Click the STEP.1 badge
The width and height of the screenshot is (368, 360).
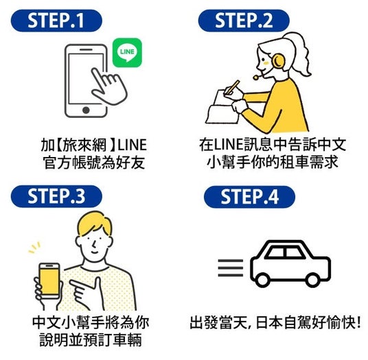(56, 21)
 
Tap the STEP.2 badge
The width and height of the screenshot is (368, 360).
(244, 21)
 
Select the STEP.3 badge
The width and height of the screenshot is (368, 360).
(56, 196)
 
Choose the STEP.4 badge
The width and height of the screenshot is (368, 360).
(249, 197)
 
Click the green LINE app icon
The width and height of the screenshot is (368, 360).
(127, 53)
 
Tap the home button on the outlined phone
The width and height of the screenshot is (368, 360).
(86, 110)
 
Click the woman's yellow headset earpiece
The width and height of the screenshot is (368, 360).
(278, 62)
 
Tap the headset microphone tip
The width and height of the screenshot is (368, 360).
(255, 77)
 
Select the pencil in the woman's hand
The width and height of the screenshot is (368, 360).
(233, 87)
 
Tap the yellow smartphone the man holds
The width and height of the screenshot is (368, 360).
(49, 281)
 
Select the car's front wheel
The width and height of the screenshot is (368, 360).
(312, 280)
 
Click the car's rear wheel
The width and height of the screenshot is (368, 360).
(262, 280)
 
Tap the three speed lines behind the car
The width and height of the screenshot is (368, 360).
(231, 268)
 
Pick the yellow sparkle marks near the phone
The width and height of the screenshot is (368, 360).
(34, 248)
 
